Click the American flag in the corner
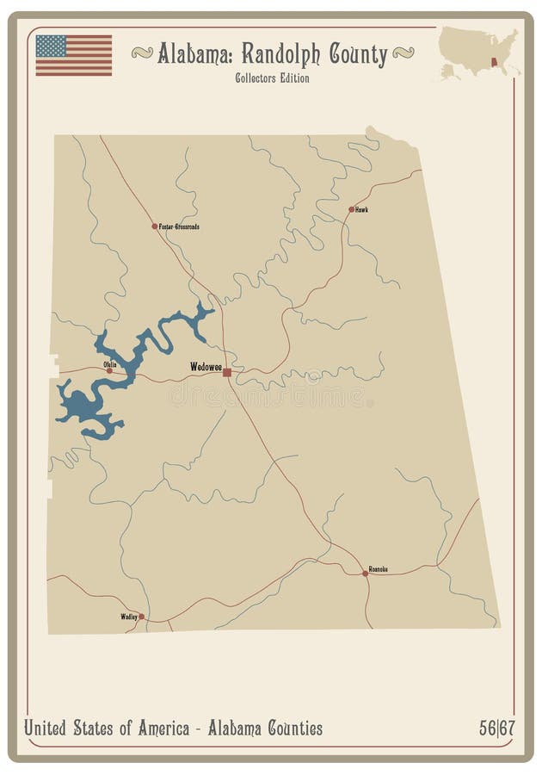[x=73, y=55]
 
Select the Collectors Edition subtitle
[x=271, y=78]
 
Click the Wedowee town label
[x=206, y=367]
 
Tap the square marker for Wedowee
[x=227, y=372]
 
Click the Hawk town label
[x=362, y=209]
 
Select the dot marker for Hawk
[x=351, y=209]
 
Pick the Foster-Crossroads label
[x=180, y=226]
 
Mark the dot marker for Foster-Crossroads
[x=155, y=226]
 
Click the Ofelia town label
[x=109, y=364]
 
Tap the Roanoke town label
[x=378, y=568]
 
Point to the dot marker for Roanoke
[x=365, y=573]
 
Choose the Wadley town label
[x=129, y=617]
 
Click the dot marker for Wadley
[x=142, y=617]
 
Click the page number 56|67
[x=497, y=728]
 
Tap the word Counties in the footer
[x=288, y=728]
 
